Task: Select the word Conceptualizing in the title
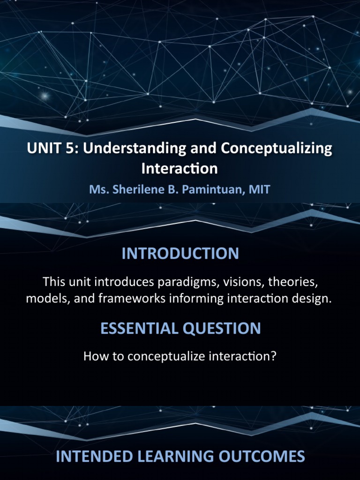[277, 149]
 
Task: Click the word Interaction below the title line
[180, 168]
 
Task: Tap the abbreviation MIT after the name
[261, 190]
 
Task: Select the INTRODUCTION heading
[180, 254]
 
